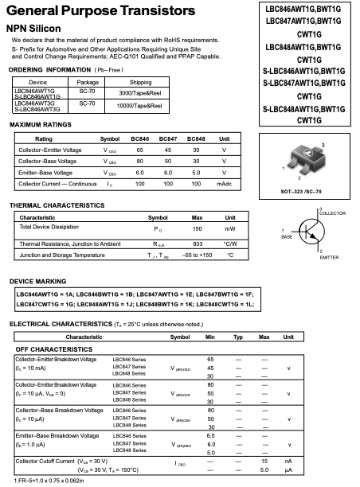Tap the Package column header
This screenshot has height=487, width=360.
click(x=87, y=82)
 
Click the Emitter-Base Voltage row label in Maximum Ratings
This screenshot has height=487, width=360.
click(x=49, y=173)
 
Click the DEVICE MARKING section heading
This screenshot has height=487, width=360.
click(x=38, y=282)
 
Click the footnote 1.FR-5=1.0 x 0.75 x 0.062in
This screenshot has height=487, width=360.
click(x=49, y=481)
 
